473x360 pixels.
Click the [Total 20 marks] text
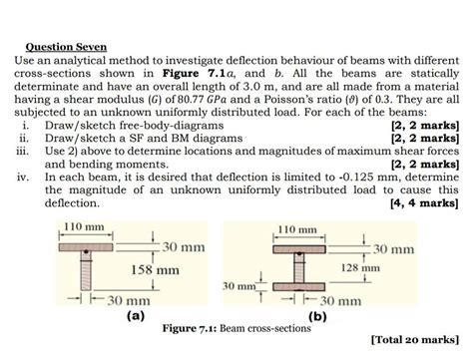413,339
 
